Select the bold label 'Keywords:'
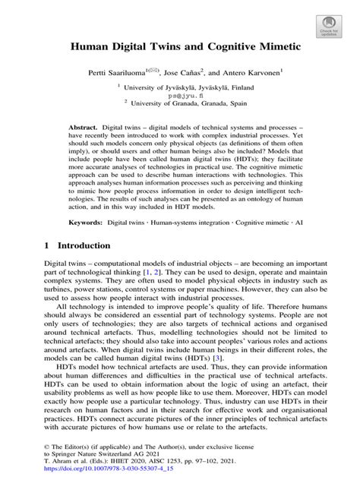tap(86, 226)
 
